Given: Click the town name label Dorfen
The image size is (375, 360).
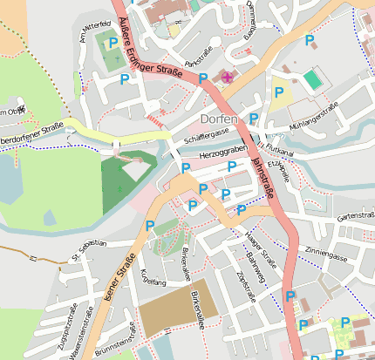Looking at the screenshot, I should coord(219,119).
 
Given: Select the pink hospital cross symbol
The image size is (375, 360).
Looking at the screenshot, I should coord(228,78).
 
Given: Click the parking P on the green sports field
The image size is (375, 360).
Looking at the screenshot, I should coord(112,42).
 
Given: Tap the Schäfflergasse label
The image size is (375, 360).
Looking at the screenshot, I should coord(206,133).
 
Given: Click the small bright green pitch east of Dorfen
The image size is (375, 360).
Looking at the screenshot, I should coord(311,79).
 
